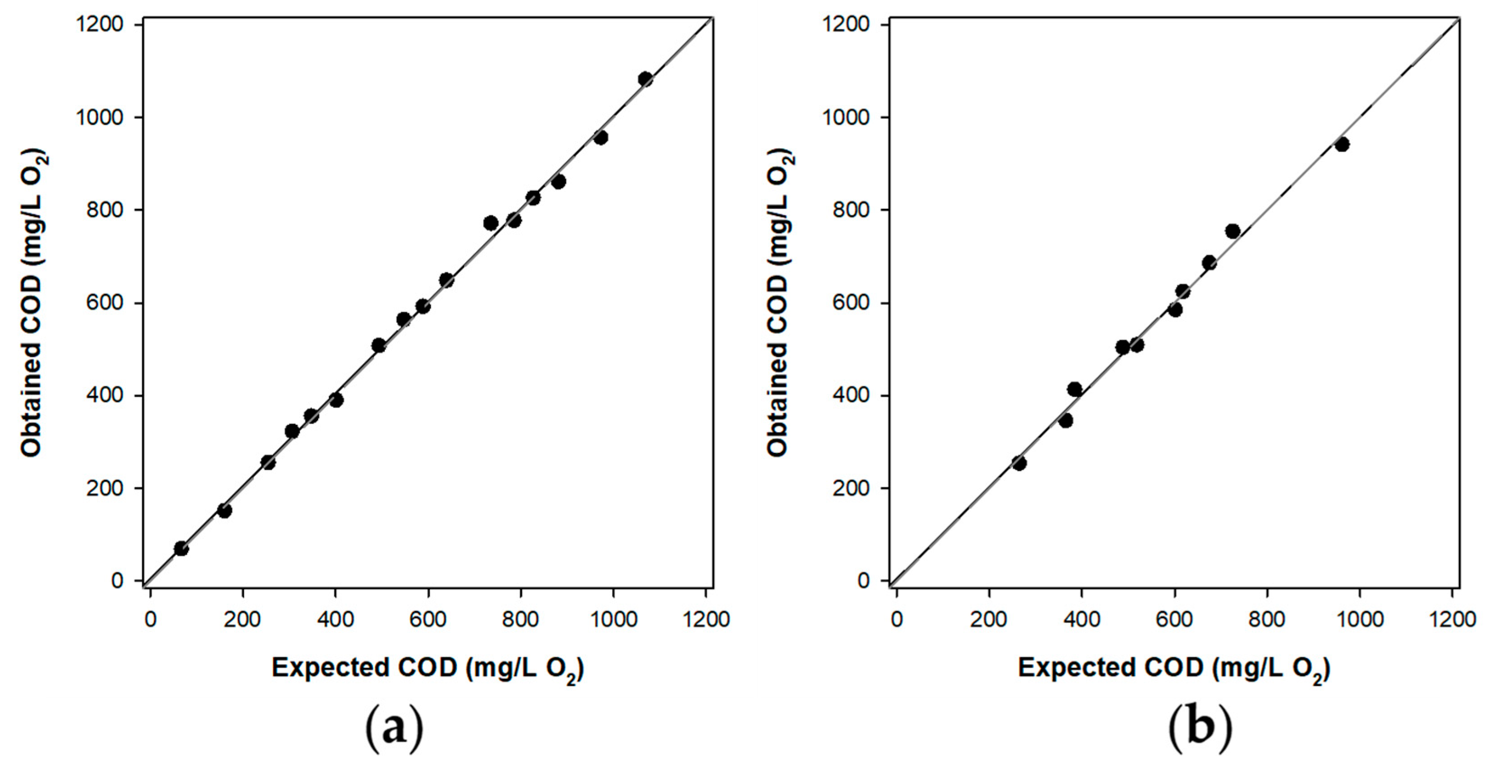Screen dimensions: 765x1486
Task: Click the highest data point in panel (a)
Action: coord(645,79)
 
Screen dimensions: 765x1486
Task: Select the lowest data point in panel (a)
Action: coord(181,548)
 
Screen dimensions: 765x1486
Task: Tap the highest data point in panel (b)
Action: coord(1342,144)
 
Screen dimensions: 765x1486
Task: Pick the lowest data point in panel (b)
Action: coord(1020,463)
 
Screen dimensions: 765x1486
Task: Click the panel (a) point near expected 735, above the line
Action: coord(491,223)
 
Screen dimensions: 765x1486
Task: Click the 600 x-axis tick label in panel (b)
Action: coord(1174,620)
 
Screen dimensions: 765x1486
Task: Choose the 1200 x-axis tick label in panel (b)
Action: coord(1453,620)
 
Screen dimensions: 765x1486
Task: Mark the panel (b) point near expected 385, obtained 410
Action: coord(1074,389)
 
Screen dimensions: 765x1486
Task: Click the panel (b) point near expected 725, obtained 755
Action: coord(1232,231)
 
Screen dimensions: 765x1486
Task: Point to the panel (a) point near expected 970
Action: coord(600,137)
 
